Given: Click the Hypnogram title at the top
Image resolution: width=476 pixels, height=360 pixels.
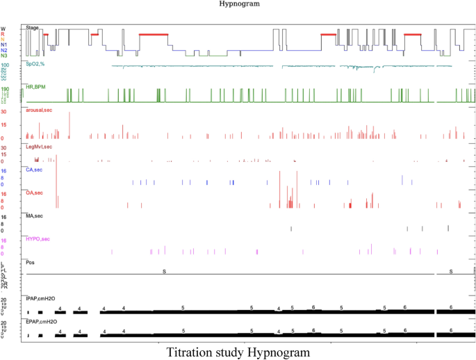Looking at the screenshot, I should click(238, 3).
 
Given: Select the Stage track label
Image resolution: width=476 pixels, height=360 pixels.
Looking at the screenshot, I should click(32, 27).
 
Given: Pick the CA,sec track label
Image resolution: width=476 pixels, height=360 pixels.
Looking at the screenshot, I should click(34, 169).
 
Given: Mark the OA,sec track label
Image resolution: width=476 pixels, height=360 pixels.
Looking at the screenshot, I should click(34, 193).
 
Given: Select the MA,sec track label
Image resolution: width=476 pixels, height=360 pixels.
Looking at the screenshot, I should click(34, 216).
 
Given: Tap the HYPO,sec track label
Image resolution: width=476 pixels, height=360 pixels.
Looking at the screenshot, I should click(38, 239).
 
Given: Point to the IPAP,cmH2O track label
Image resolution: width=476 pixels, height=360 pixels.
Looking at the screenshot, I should click(41, 297).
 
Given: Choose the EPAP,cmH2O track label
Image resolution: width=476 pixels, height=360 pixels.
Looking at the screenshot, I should click(41, 321).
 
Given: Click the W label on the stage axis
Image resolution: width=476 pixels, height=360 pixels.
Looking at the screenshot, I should click(3, 29).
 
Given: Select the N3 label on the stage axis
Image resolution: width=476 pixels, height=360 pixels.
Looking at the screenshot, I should click(4, 56).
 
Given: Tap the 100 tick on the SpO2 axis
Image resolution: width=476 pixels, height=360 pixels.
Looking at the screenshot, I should click(5, 65).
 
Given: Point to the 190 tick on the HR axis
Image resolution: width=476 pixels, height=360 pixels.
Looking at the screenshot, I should click(5, 89).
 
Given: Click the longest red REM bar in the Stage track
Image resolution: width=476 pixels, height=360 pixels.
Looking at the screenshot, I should click(154, 34).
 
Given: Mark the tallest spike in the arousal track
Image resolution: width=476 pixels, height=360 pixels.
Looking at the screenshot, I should click(70, 125).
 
